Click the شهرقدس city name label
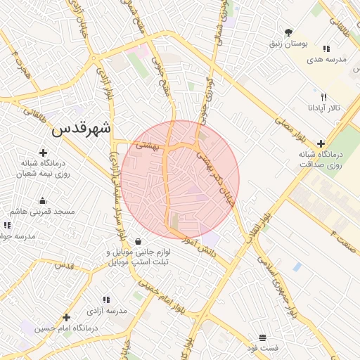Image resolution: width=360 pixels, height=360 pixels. click(82, 129)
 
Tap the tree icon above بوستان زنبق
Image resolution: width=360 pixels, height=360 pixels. click(288, 32)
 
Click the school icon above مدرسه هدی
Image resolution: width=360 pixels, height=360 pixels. click(326, 49)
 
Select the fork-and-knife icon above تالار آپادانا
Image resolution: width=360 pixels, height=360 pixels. click(323, 97)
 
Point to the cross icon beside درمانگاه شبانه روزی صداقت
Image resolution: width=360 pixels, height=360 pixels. click(321, 143)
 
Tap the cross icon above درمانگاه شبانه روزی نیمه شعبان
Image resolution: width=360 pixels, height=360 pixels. click(43, 153)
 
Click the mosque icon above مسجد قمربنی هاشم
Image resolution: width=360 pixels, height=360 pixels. click(43, 200)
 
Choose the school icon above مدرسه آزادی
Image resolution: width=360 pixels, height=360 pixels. click(106, 299)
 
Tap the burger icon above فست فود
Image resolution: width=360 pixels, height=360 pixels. click(262, 337)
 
